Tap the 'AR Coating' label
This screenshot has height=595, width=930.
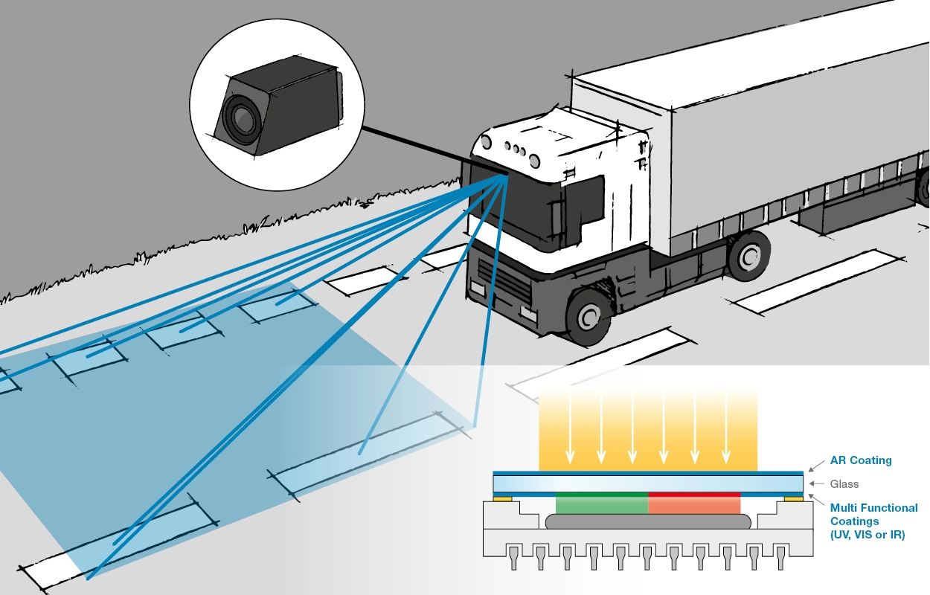[861, 460]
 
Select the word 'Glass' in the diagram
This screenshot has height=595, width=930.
[845, 484]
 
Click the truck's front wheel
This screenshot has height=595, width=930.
[589, 315]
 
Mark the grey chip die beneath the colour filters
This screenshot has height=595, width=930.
[647, 522]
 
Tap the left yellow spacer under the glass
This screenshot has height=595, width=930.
[502, 499]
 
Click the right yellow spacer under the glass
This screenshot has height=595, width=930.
[792, 499]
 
